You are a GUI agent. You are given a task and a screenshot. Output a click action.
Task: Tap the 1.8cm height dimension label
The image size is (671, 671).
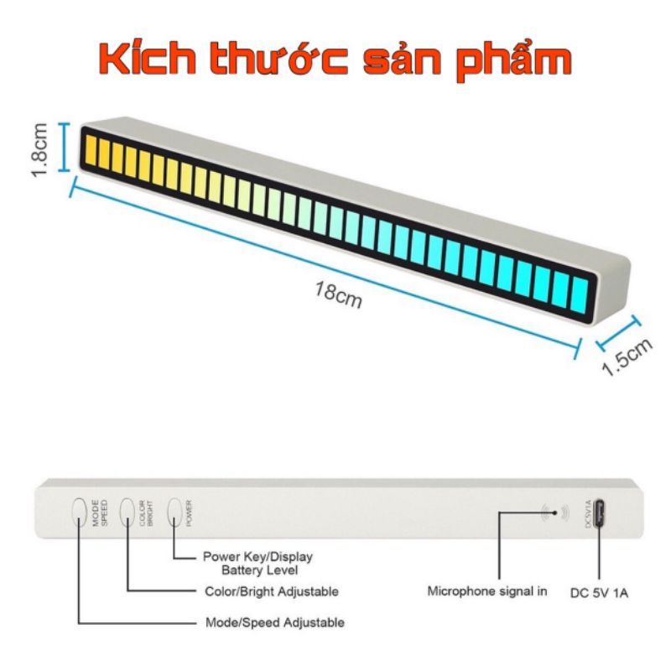pos(38,148)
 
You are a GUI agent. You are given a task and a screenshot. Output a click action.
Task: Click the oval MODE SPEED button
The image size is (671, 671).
pos(80,511)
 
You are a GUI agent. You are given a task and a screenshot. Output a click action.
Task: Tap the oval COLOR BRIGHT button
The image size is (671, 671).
pos(127,511)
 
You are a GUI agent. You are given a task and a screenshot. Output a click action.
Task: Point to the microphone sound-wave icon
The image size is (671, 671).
pos(555,512)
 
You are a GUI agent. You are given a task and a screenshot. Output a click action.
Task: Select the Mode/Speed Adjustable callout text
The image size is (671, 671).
pos(274,623)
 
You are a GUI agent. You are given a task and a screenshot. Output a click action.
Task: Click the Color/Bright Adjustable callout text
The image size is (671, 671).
pos(272,591)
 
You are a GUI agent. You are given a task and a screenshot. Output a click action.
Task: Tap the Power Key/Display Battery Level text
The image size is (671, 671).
pos(257,562)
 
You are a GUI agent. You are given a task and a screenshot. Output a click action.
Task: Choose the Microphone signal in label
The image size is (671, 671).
pos(487,591)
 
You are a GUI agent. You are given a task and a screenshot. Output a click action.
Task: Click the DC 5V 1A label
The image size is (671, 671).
pos(599,592)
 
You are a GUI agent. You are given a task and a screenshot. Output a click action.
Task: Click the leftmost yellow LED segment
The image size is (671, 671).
pos(87,148)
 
